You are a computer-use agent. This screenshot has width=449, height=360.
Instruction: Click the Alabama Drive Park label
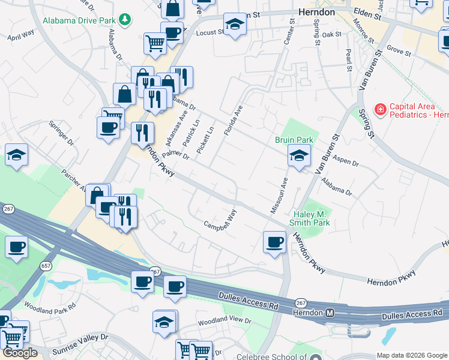pos(79,20)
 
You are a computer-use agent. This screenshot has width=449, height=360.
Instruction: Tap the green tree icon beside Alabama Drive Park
pos(125,20)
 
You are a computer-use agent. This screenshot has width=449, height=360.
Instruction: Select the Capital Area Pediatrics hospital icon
pos(380,110)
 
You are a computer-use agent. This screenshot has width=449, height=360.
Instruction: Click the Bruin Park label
pos(294,140)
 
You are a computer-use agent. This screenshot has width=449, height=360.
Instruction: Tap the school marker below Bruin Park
pos(298,157)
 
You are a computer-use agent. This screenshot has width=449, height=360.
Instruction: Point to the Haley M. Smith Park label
pos(312,218)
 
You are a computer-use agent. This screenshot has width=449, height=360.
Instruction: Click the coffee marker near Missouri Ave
pos(274,242)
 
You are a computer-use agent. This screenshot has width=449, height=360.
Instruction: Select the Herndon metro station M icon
pos(330,313)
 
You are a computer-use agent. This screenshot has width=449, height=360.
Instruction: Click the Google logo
pos(20,353)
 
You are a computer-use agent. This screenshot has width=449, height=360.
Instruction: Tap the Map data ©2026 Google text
pos(412,355)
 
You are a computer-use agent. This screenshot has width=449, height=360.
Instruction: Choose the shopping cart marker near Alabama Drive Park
pos(155,43)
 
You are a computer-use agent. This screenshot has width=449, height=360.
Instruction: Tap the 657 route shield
pos(46,265)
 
